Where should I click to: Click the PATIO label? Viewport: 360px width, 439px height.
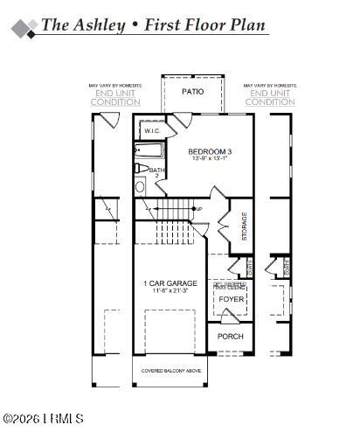tap(192, 92)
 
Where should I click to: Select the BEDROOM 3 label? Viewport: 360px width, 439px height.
tap(210, 151)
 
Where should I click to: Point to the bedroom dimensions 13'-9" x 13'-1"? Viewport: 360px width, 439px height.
tap(210, 159)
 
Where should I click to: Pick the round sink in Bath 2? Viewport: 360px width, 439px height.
tap(140, 186)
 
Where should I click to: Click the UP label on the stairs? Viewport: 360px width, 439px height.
tap(198, 209)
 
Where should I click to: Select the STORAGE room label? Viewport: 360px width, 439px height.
tap(244, 226)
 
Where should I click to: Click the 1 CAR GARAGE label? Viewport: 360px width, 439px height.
tap(170, 283)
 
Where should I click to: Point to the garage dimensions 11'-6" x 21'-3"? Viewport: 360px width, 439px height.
tap(170, 292)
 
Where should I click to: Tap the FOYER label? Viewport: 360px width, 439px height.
tap(232, 299)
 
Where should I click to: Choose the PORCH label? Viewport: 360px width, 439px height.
tap(231, 337)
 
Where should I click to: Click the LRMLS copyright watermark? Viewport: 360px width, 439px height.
tap(43, 419)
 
